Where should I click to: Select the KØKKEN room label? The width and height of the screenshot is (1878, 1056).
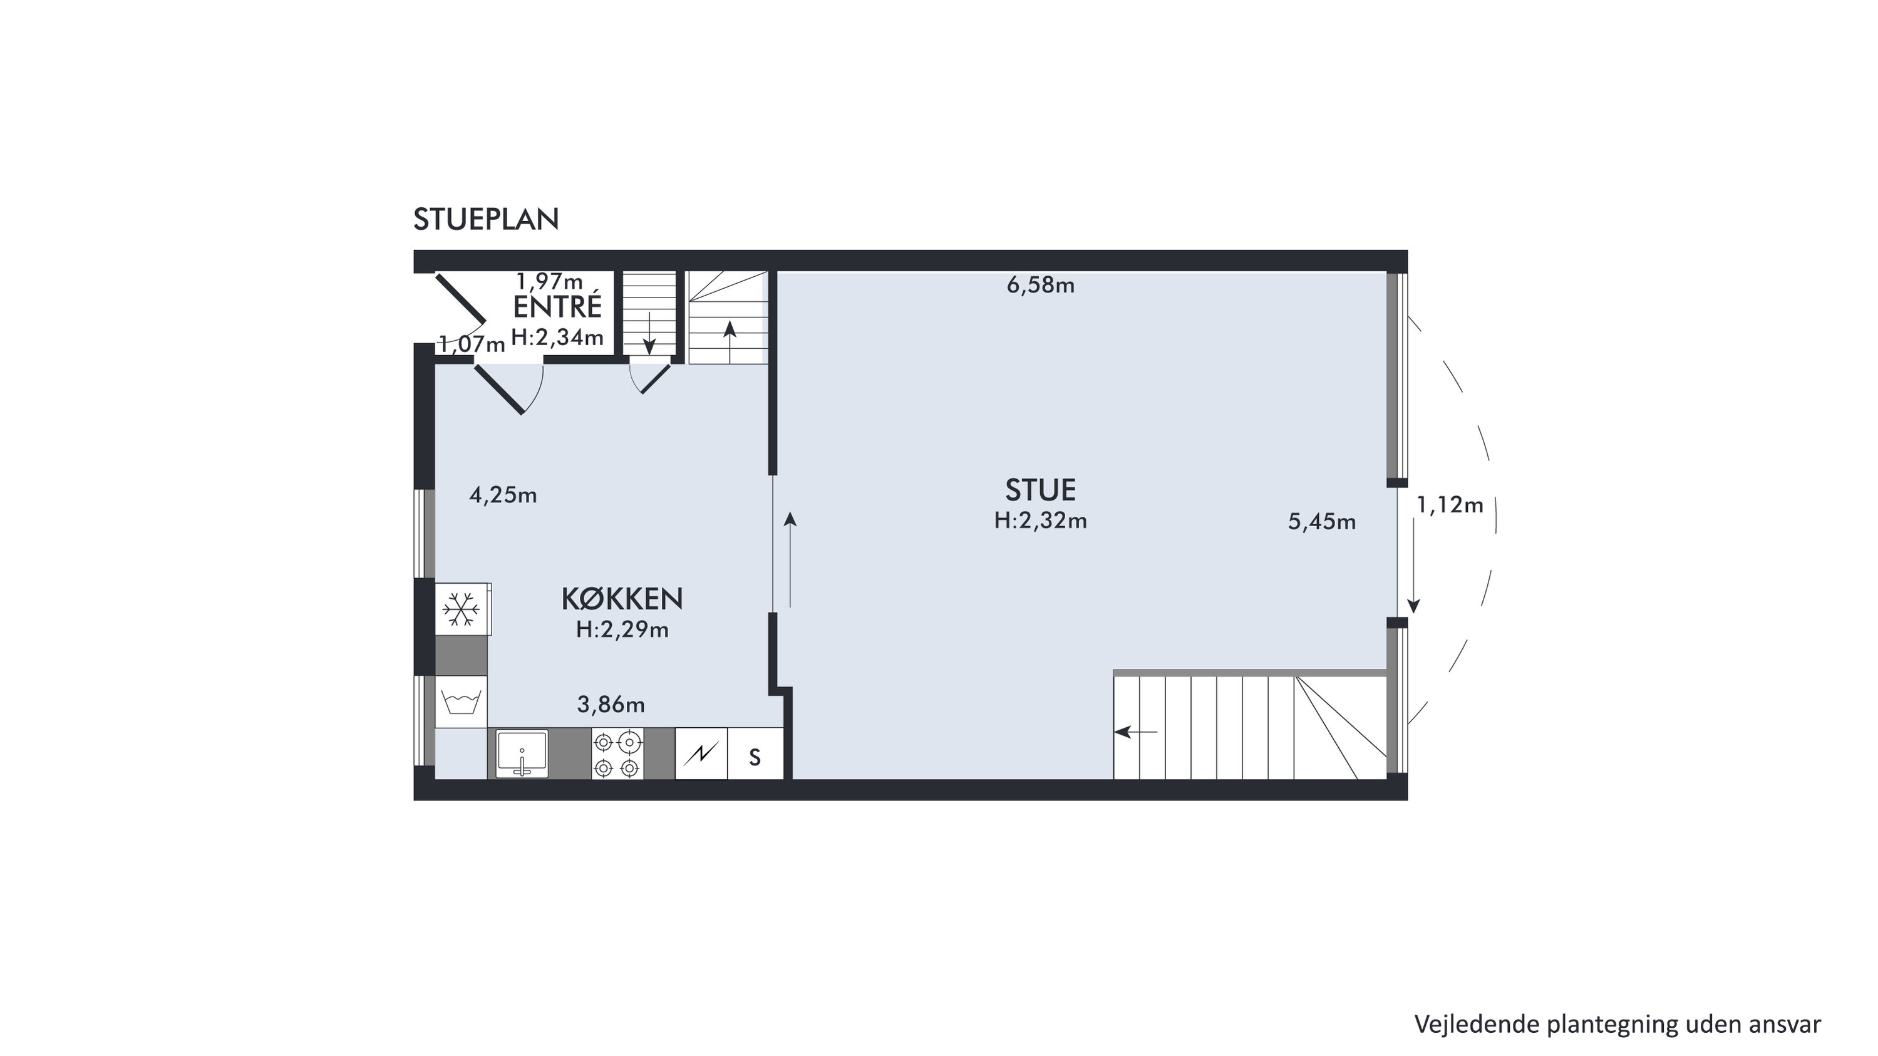622,599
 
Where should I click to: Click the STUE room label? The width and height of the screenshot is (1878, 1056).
1040,490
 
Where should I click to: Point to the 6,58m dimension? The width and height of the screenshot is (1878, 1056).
1040,286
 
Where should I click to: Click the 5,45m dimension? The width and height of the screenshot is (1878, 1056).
1322,522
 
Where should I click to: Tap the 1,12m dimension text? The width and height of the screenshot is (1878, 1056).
1449,505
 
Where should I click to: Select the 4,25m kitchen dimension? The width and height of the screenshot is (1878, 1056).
503,496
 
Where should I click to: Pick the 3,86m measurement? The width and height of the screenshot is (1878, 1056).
611,705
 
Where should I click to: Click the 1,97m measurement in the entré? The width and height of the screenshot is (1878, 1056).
550,281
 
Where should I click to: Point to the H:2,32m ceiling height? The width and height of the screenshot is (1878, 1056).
1040,520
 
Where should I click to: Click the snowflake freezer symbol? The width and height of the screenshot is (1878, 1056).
462,609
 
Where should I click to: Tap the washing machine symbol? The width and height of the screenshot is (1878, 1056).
462,702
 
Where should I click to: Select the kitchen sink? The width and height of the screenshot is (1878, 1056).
522,753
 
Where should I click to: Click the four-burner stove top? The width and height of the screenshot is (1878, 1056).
617,754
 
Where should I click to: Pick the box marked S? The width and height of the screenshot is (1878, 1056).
755,754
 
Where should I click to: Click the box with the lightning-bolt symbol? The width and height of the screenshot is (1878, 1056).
701,754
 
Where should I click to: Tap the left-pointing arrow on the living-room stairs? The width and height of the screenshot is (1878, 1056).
1136,732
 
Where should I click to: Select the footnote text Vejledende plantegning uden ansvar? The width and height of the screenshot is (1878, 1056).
1617,1024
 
